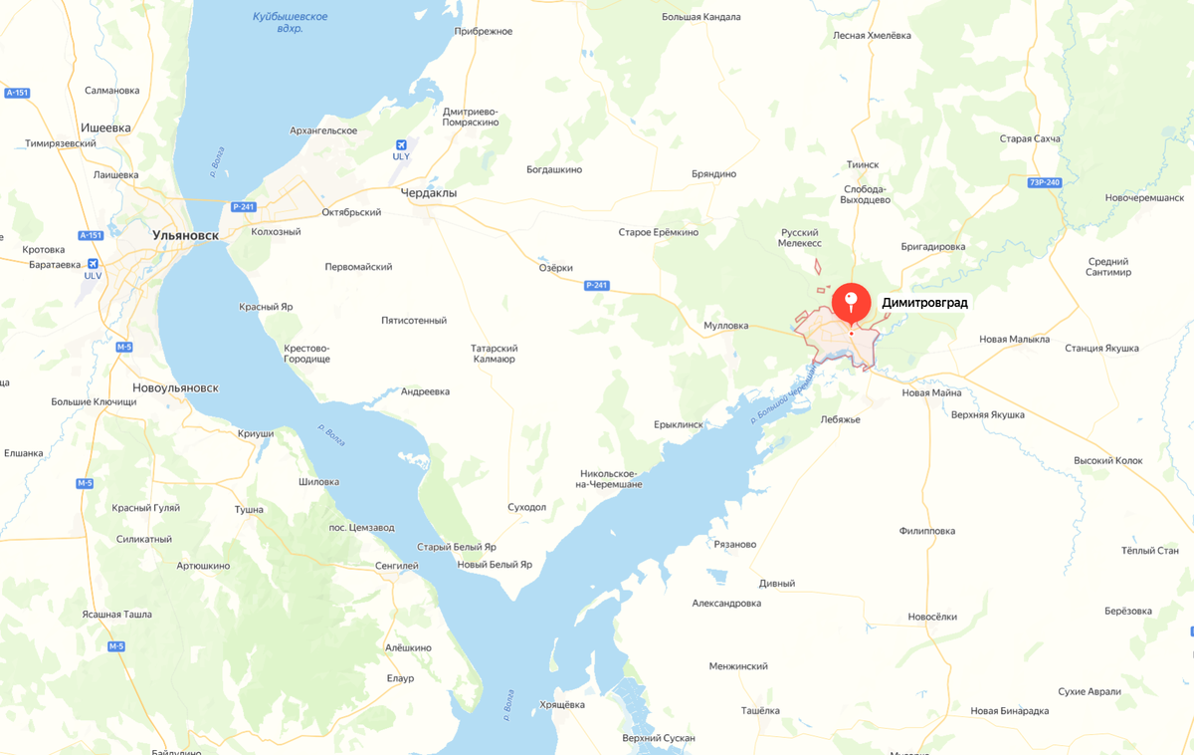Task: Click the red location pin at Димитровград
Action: coord(851,302)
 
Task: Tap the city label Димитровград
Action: coord(924,302)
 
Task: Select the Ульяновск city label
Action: coord(185,236)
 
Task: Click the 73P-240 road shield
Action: coord(1044,182)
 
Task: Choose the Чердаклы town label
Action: coord(428,193)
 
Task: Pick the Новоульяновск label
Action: coord(175,387)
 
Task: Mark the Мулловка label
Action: coord(725,326)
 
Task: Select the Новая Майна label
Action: coord(931,392)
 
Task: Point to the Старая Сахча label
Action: coord(1030,138)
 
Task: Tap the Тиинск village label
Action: coord(862,164)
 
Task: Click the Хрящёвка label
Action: coord(561,704)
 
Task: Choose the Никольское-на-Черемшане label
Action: coord(610,478)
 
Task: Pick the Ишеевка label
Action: coord(105,127)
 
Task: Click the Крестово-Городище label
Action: coord(306,354)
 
